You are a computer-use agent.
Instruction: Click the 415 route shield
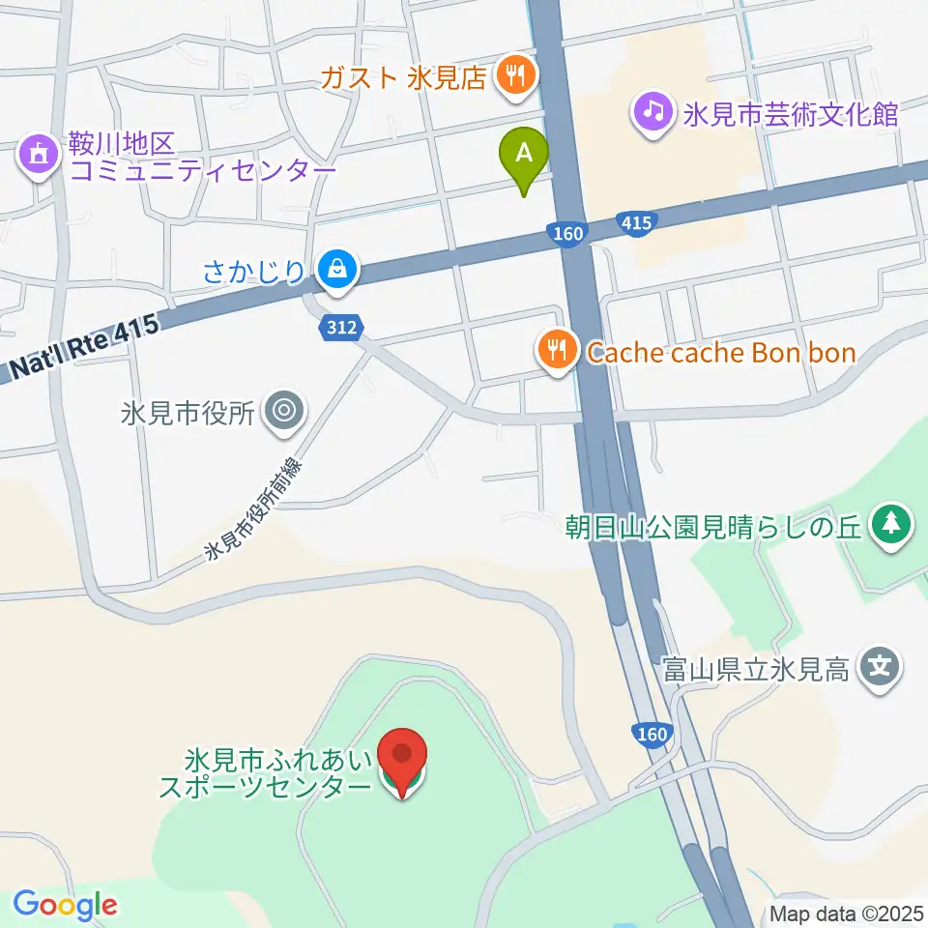pos(636,223)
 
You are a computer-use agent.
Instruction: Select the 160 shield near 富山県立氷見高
pos(652,735)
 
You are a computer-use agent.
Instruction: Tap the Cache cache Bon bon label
pos(721,352)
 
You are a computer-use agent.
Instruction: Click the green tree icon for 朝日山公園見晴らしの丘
pos(889,526)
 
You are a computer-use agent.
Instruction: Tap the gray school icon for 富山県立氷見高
pos(881,667)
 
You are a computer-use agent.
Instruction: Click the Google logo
pos(65,905)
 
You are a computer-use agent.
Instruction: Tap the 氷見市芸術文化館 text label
pos(791,114)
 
